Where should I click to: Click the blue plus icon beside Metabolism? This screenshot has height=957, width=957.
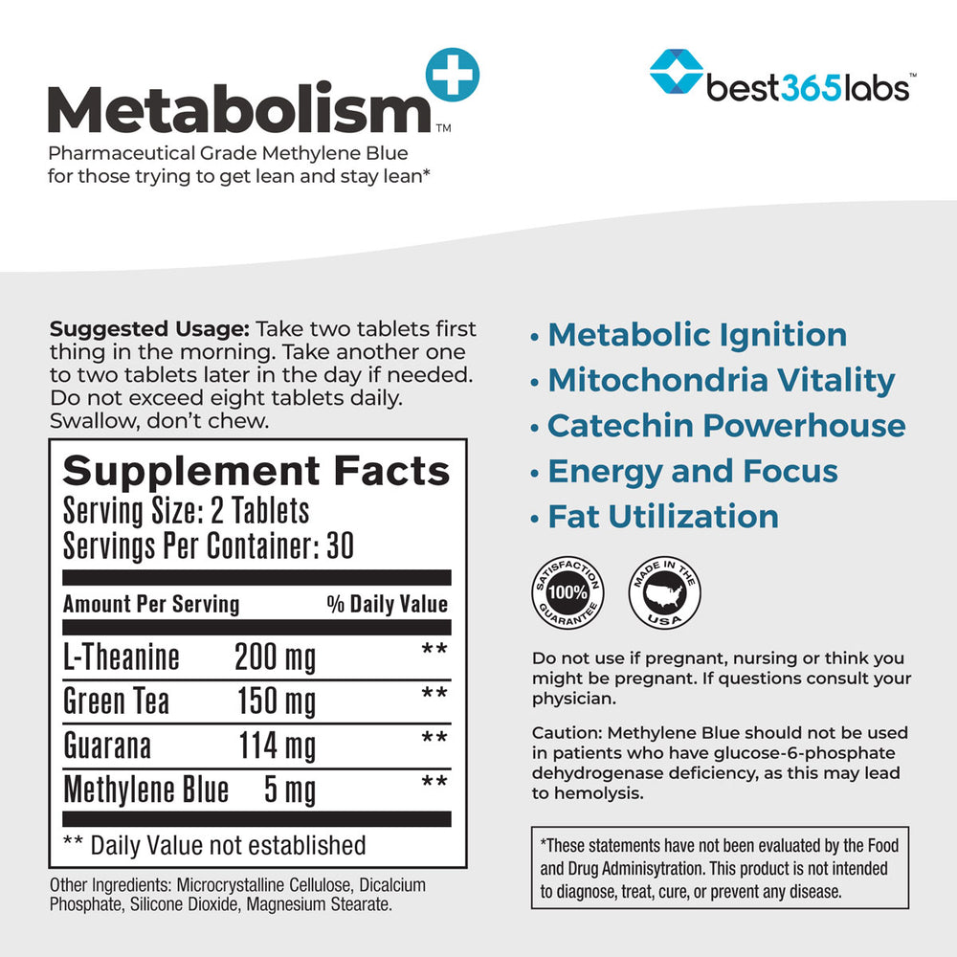[x=450, y=75]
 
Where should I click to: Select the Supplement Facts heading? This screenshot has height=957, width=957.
[x=256, y=471]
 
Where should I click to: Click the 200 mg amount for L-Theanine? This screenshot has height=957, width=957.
[x=275, y=657]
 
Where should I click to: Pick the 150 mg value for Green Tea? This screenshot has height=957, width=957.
[x=276, y=701]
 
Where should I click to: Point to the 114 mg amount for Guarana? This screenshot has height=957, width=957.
[x=277, y=746]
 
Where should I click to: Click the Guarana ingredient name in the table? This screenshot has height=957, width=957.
[x=107, y=746]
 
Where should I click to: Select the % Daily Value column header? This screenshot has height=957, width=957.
[x=387, y=604]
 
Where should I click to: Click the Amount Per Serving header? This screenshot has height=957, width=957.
[x=151, y=604]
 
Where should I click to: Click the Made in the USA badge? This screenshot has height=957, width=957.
[x=663, y=592]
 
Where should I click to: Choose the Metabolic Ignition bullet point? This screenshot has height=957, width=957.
[x=697, y=335]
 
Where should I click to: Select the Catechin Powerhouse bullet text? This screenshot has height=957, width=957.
[x=726, y=425]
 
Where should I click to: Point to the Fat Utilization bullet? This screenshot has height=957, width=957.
[x=662, y=516]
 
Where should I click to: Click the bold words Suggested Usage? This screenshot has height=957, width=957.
[x=150, y=329]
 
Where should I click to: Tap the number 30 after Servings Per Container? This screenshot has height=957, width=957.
[x=339, y=545]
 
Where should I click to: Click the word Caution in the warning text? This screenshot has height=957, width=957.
[x=566, y=732]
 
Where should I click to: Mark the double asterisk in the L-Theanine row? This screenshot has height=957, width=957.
[x=434, y=650]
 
